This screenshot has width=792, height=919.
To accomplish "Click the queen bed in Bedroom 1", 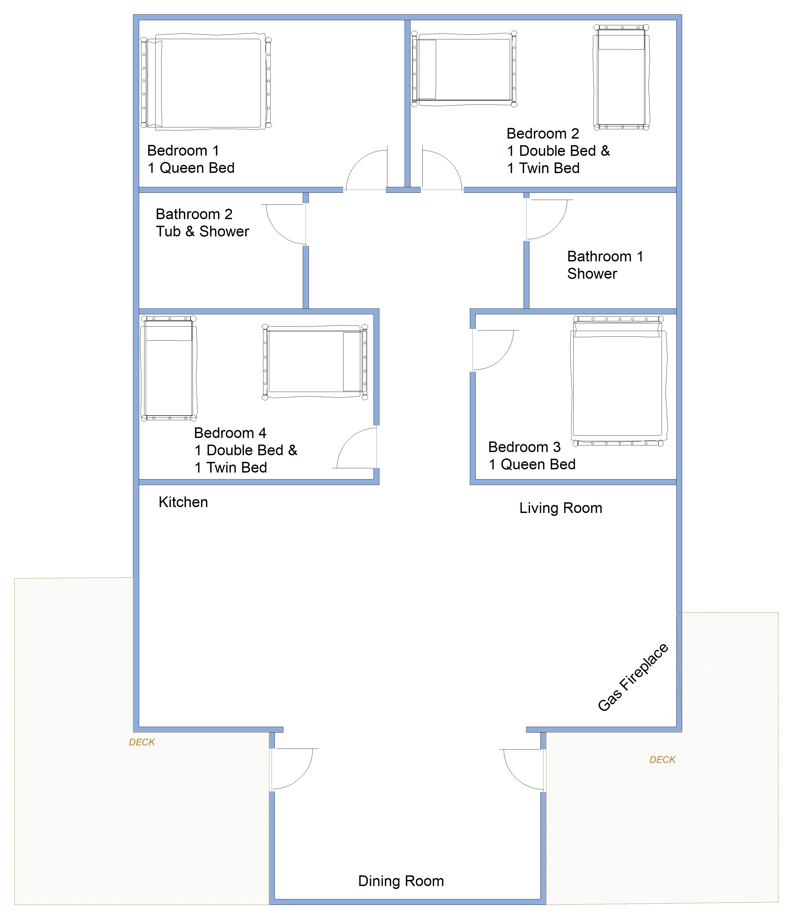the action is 206,82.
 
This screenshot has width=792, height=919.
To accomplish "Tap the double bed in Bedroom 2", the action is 464,69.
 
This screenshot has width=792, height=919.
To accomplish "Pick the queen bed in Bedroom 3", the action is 619,381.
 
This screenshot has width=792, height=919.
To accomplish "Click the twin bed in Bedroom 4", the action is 169,368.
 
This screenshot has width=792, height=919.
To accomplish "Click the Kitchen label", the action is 183,502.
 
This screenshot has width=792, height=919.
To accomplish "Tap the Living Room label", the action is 561,508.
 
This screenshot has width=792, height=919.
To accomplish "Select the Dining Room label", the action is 401,881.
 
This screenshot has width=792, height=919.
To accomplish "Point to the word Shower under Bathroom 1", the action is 592,274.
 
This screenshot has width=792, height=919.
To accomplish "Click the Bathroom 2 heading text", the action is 194,214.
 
